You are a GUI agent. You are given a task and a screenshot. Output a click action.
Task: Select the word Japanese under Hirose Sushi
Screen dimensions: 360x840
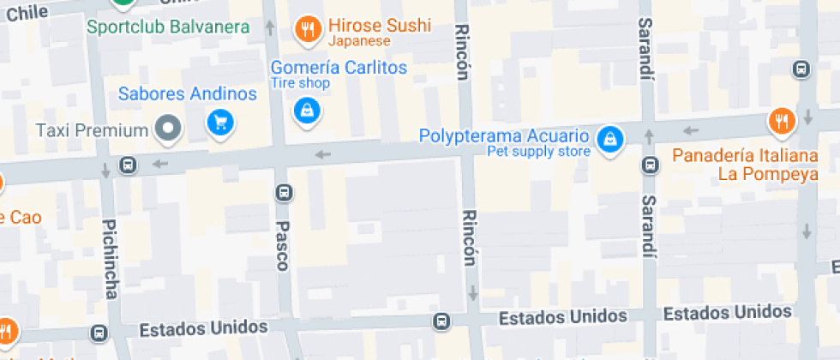click(x=359, y=41)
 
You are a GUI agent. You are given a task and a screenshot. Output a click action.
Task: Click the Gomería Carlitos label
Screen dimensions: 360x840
click(x=339, y=67)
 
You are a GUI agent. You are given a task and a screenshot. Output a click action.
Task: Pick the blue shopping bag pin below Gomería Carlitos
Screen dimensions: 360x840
click(x=306, y=111)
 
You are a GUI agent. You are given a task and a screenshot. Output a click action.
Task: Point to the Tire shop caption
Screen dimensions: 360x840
click(x=300, y=83)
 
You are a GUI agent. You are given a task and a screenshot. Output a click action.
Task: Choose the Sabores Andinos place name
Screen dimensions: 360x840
click(x=188, y=93)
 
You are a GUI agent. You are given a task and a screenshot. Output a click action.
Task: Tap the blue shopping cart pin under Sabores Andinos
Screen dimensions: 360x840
click(x=220, y=123)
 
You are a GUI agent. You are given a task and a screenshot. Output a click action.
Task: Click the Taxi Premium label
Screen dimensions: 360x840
click(x=93, y=130)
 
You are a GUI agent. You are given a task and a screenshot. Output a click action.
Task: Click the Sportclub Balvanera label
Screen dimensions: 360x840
click(x=168, y=27)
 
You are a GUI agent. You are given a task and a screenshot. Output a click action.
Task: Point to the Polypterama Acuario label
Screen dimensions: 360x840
click(x=504, y=136)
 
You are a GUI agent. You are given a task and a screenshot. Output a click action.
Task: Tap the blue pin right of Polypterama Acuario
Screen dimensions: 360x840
click(x=609, y=139)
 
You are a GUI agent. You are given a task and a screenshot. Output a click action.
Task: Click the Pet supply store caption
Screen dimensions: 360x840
click(x=538, y=152)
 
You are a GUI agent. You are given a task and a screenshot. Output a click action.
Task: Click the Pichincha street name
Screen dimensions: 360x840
click(x=110, y=259)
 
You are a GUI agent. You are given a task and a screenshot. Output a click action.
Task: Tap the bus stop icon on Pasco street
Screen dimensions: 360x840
click(x=283, y=193)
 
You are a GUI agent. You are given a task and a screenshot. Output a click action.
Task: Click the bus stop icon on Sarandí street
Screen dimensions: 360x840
click(x=650, y=165)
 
